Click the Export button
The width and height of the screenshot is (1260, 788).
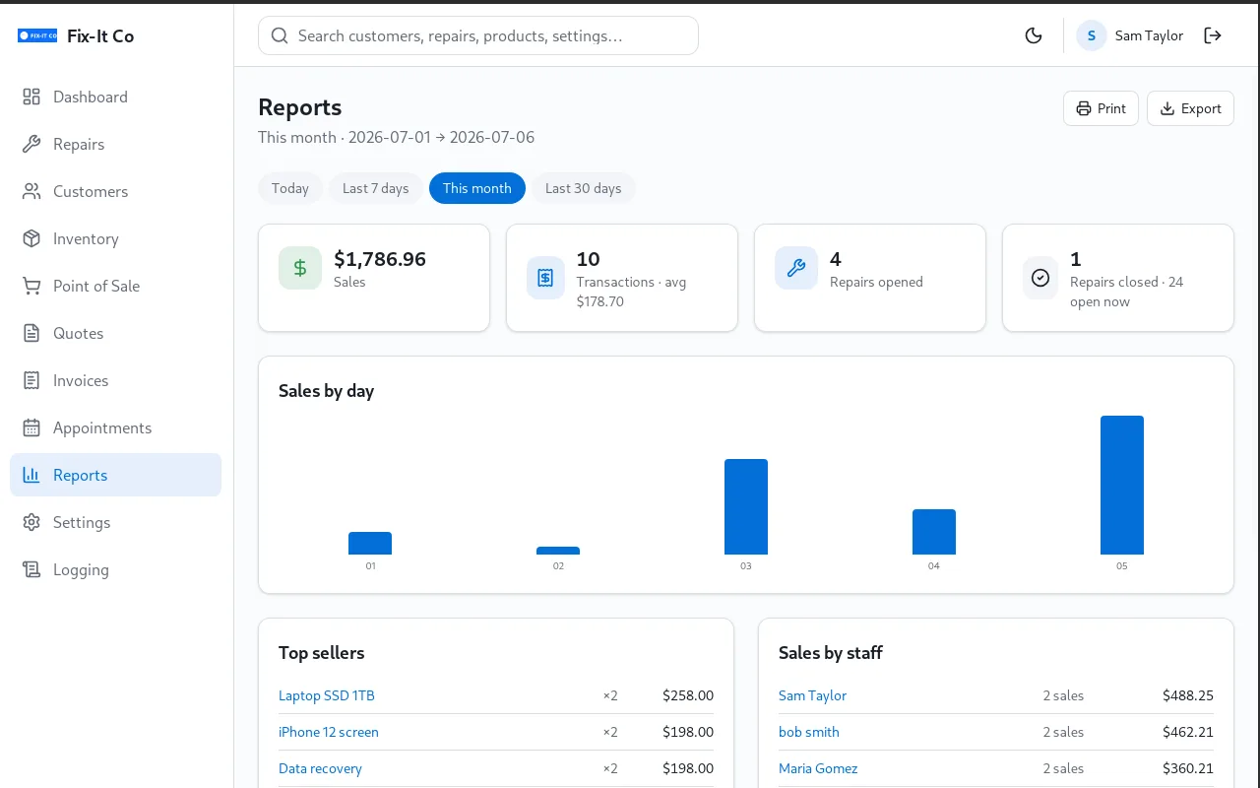click(1190, 108)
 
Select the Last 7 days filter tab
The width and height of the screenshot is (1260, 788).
click(375, 188)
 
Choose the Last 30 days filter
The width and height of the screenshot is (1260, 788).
click(583, 188)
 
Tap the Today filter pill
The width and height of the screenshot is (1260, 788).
click(290, 188)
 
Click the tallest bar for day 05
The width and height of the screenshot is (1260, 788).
click(1121, 485)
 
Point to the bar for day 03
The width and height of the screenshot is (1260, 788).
click(746, 506)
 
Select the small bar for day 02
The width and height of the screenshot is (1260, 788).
click(558, 551)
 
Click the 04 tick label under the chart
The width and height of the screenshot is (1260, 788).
click(934, 565)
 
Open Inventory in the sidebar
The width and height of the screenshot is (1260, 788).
click(86, 238)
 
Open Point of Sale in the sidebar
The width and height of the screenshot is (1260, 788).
click(96, 286)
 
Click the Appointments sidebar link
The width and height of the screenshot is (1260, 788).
click(101, 427)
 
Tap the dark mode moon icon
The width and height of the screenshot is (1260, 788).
click(1034, 35)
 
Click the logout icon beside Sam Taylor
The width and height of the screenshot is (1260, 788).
click(1212, 35)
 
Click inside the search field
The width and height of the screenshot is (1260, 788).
click(478, 35)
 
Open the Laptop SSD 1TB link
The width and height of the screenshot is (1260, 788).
click(326, 695)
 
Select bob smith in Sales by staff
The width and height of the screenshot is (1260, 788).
click(808, 732)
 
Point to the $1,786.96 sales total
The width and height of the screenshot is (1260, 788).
click(380, 259)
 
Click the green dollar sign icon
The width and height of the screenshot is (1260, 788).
click(300, 268)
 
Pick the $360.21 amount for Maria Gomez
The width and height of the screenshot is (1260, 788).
click(1187, 768)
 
